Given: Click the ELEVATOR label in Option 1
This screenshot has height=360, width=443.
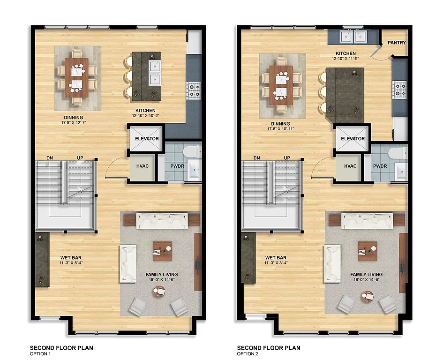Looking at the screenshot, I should [x=147, y=139].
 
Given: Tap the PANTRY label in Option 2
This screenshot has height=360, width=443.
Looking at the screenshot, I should [x=397, y=43].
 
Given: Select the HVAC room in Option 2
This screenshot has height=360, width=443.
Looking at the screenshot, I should [x=350, y=166].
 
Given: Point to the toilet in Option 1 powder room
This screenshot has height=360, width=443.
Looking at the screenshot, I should [x=192, y=151].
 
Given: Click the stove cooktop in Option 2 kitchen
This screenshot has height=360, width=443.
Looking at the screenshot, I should [x=400, y=90].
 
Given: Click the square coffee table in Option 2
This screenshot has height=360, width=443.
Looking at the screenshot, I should [x=368, y=251].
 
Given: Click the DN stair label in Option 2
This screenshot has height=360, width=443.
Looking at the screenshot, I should [x=256, y=158].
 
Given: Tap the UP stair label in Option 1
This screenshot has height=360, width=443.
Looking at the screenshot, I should [x=81, y=158].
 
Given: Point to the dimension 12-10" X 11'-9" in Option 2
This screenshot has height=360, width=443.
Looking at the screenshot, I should [x=345, y=59].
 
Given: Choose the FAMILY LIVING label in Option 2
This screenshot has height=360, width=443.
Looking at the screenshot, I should [x=366, y=275].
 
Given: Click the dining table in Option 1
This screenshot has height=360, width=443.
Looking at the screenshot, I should [x=76, y=77].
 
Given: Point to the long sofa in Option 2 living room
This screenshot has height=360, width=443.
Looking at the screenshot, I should [x=367, y=220].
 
